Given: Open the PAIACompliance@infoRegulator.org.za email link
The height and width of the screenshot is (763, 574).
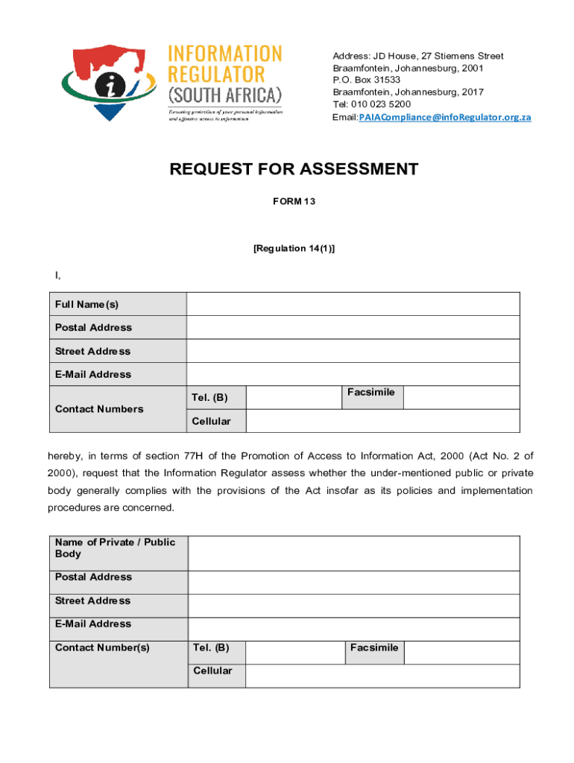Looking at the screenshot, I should [445, 118].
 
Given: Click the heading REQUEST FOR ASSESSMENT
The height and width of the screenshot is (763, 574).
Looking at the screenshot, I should [294, 169].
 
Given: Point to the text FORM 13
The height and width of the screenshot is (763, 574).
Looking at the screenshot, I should [294, 201].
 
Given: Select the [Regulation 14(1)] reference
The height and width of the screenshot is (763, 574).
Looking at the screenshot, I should [294, 248].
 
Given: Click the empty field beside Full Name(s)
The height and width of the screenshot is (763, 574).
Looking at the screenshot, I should [353, 304].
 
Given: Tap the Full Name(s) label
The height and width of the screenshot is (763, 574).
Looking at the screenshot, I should [86, 304].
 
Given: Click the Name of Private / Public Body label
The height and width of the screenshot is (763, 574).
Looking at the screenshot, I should [115, 548].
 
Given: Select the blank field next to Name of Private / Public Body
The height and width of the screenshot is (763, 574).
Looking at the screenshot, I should [353, 553].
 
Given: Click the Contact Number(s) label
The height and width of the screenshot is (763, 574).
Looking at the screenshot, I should [102, 648].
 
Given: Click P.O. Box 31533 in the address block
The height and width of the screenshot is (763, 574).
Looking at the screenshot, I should [366, 80].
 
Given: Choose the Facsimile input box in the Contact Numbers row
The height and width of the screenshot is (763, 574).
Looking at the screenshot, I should [461, 398].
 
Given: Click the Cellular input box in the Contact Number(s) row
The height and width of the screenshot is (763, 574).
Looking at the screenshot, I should [382, 675].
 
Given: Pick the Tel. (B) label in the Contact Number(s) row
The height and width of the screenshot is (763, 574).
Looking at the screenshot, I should [211, 648].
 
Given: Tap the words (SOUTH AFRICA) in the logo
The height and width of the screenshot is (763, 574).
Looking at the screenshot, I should [224, 95].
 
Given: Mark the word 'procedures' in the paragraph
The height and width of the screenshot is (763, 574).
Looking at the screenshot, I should [74, 507].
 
